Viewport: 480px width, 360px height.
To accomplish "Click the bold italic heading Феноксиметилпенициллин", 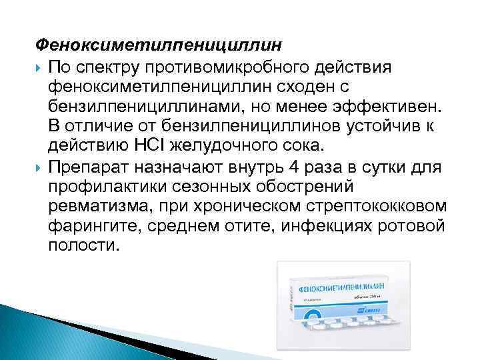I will pos(159,45).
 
